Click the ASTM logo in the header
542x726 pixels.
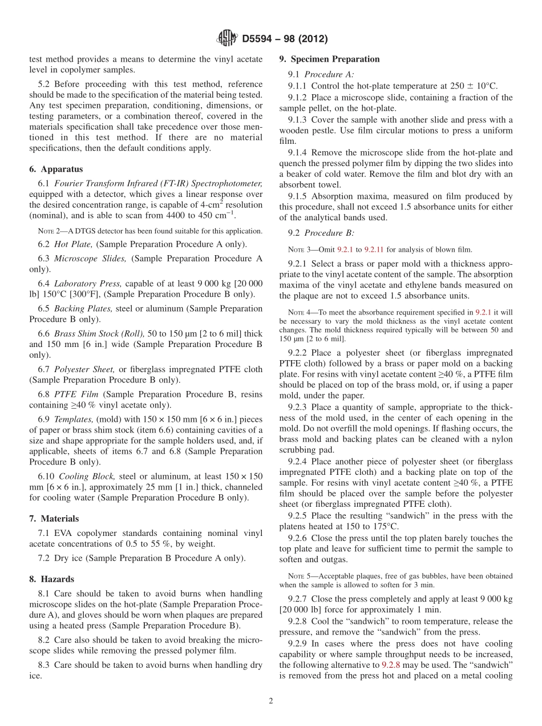tap(228, 39)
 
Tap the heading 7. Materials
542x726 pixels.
tap(54, 519)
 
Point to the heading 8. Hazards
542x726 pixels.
tap(52, 579)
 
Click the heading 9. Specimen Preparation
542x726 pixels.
tap(329, 59)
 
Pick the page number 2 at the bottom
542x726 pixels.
tap(271, 700)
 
